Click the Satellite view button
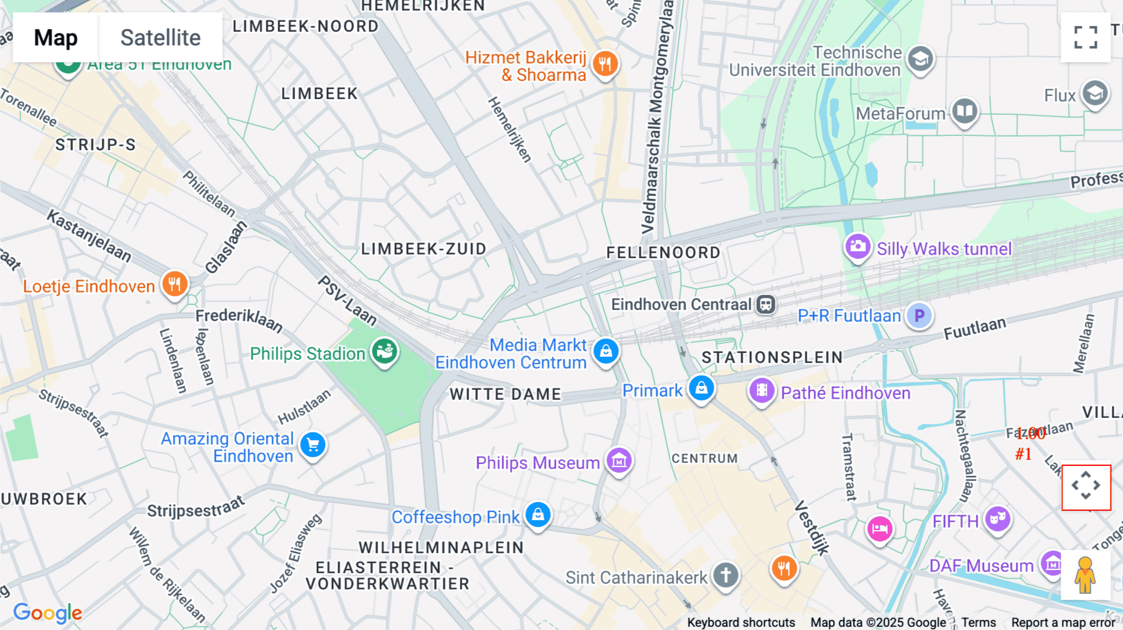[160, 37]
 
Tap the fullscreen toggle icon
[1086, 37]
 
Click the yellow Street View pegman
[1085, 575]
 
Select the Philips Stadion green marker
[385, 351]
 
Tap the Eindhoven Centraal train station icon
[766, 304]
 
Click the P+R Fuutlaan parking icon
[919, 316]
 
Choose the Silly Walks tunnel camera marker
[858, 246]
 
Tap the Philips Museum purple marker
[619, 461]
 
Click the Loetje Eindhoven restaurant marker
[175, 284]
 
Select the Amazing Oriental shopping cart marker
[313, 445]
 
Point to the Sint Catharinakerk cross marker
[725, 575]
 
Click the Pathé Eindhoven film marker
[762, 391]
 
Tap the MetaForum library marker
[965, 112]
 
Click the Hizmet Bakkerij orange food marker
[605, 63]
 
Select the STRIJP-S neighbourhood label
[95, 145]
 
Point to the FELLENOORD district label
[663, 253]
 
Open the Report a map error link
[1062, 623]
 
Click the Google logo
[48, 613]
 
